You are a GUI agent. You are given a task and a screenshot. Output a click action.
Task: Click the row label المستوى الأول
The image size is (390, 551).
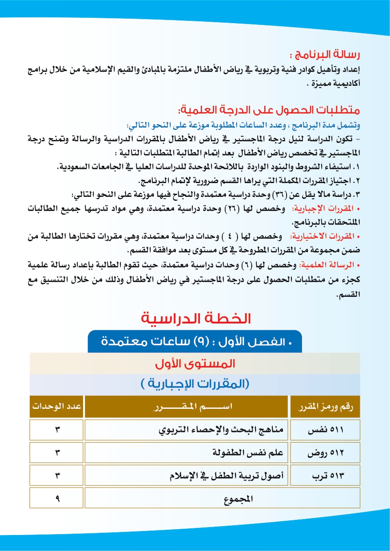195,364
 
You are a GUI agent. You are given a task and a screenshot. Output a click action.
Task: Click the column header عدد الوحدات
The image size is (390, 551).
56,407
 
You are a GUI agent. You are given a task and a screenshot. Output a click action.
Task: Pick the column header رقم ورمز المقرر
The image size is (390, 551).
324,407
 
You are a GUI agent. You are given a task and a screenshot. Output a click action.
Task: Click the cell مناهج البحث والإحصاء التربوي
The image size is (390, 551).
221,430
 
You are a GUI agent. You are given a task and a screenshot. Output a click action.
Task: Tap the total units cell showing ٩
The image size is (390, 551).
57,499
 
